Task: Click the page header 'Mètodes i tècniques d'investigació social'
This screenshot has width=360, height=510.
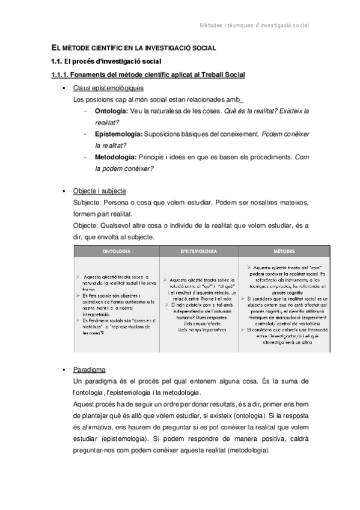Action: [x=261, y=25]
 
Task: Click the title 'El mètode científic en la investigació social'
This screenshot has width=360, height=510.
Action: [x=133, y=48]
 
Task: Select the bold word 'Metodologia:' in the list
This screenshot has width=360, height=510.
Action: [x=116, y=157]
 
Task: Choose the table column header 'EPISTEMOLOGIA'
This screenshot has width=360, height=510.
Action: [x=199, y=250]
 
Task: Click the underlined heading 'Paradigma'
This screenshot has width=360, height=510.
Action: [x=90, y=369]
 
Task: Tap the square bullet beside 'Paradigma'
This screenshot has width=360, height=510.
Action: [x=64, y=369]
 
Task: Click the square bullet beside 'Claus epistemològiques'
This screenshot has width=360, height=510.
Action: [x=64, y=88]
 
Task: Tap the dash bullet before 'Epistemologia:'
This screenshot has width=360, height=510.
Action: [x=88, y=134]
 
